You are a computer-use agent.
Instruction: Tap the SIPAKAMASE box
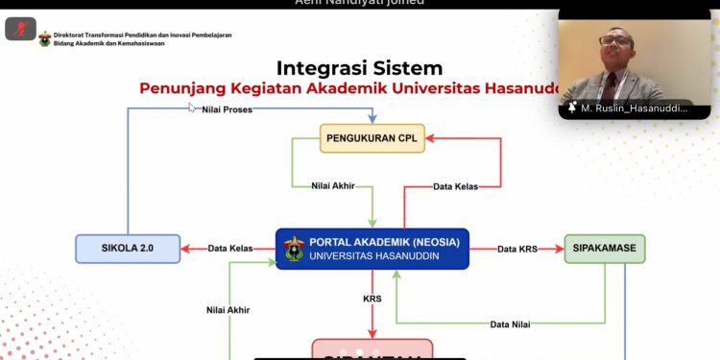(x=605, y=249)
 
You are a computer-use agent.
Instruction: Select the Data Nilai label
(x=512, y=324)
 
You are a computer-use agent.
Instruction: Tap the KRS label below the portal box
(x=372, y=299)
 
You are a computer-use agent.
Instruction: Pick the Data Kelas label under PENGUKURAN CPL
(x=457, y=185)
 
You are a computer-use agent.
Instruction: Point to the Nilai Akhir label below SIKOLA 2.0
(x=229, y=310)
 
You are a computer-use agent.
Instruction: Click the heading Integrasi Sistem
(x=359, y=68)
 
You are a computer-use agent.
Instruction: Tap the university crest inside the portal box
(x=294, y=249)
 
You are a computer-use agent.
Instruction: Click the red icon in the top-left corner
(x=20, y=29)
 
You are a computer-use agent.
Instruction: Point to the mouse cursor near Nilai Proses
(x=192, y=108)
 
